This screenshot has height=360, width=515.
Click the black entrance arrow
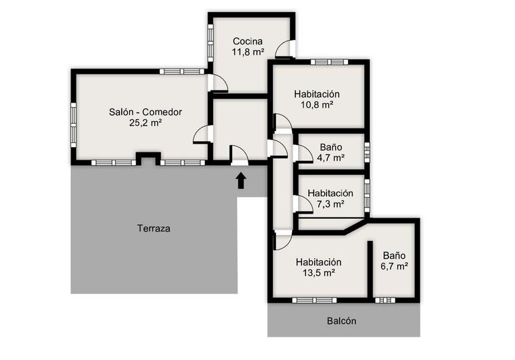click(x=241, y=180)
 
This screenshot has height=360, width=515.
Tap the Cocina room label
click(x=248, y=41)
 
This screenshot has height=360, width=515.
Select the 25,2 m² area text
click(x=145, y=123)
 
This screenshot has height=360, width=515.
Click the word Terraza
click(x=154, y=228)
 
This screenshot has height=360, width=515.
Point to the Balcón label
click(x=341, y=321)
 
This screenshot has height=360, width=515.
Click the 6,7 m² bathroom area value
click(x=394, y=266)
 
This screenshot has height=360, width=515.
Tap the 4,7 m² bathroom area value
click(x=331, y=158)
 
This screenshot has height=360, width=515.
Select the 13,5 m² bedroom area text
click(x=319, y=273)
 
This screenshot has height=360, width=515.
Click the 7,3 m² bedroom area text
click(x=331, y=204)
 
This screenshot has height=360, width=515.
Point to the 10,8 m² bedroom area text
click(x=317, y=104)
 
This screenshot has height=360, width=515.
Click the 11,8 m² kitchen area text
click(x=248, y=52)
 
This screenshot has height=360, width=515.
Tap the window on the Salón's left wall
click(x=74, y=125)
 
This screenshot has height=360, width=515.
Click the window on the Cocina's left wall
click(x=210, y=43)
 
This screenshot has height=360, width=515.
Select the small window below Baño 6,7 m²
click(x=385, y=300)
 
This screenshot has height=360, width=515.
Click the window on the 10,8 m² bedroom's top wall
click(x=329, y=62)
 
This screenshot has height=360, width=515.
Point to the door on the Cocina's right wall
click(x=284, y=49)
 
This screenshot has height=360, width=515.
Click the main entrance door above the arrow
click(x=240, y=155)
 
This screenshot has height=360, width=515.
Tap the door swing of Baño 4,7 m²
click(x=303, y=154)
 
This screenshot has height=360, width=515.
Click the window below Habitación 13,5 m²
click(x=315, y=300)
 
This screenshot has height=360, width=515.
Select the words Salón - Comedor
click(x=145, y=112)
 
